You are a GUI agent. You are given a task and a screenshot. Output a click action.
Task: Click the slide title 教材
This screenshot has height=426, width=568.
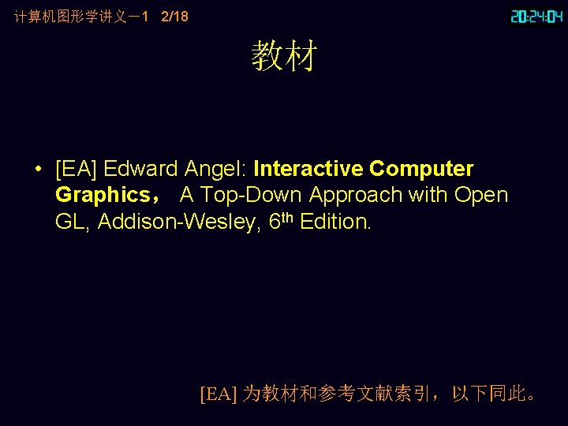point(284,57)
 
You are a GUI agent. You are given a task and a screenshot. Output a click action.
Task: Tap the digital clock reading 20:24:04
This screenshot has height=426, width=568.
point(536,16)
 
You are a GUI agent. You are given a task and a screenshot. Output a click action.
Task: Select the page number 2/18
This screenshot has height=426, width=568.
point(174,16)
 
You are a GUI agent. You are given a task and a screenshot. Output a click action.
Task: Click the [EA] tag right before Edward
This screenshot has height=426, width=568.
point(77,170)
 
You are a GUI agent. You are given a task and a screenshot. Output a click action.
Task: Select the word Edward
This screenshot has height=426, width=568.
point(141,170)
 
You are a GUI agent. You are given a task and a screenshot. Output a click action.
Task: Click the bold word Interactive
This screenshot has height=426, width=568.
point(308,170)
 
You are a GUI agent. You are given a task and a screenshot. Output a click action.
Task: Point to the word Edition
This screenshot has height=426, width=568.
point(335,222)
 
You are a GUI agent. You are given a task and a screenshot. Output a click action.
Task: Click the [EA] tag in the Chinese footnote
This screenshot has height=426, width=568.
point(219,394)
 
